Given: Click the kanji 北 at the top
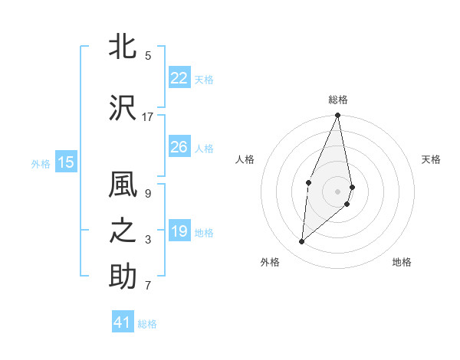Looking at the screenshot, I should coord(123,47).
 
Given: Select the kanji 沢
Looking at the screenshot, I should coord(123,108).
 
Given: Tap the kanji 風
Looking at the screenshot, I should coord(123,186).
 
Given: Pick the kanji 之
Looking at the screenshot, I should coord(123,232).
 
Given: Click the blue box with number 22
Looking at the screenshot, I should coord(179,78).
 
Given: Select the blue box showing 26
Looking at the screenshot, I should coord(179,147).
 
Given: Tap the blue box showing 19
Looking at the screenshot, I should coord(179,231).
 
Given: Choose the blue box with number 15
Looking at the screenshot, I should coord(66,162).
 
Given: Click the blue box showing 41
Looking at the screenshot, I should coord(123,322).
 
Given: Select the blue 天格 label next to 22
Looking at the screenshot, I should coord(203,79).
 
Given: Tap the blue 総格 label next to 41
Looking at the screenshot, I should coord(147,324).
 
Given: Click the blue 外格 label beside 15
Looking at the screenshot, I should coord(41,163).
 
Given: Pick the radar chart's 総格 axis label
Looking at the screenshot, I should coord(337,100).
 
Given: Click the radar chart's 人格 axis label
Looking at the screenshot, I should coord(245,159).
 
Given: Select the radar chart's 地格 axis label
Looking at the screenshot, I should coord(402,262).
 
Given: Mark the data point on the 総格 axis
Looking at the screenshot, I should coord(337,116).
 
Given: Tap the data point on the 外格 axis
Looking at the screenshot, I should coord(302,242).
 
